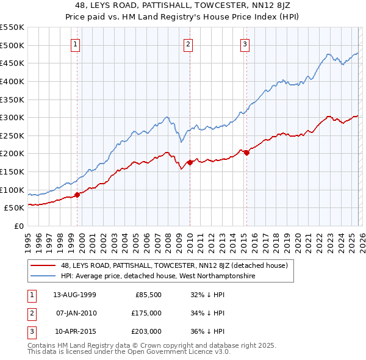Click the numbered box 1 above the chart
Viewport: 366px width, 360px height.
point(75,44)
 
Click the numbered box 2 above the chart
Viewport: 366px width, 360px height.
point(188,44)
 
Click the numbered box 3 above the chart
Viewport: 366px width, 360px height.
point(245,44)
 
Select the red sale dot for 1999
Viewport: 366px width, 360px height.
point(77,195)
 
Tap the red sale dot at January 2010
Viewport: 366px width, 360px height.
point(190,162)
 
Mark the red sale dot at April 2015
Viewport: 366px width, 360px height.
point(246,153)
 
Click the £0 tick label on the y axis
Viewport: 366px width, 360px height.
point(18,226)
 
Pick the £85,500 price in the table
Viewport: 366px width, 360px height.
point(148,295)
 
